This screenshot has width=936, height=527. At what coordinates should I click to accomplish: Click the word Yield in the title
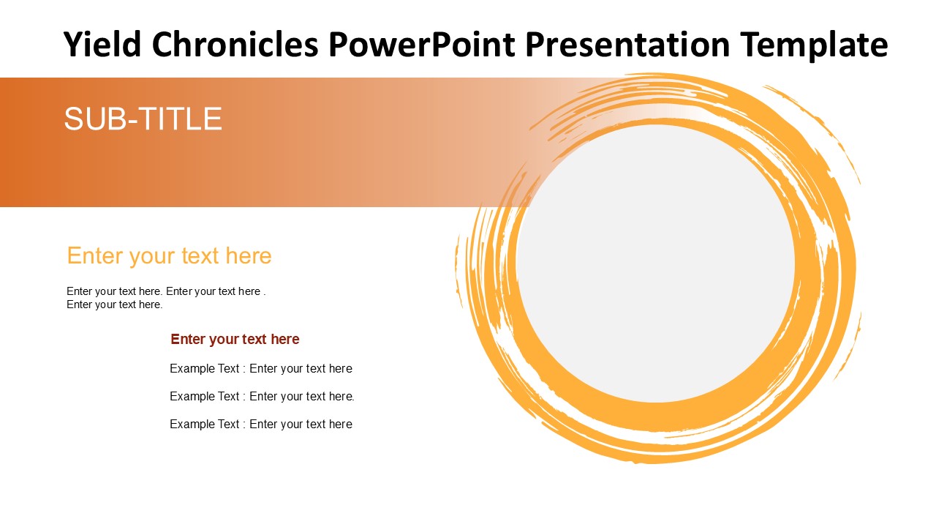coord(102,44)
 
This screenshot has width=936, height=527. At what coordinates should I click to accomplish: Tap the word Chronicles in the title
coord(235,44)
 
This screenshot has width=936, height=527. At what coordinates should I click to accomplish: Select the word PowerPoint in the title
coord(422,44)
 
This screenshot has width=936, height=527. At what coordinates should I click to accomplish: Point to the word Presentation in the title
coord(627,44)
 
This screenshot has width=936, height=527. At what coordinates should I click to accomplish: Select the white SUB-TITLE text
coord(143,119)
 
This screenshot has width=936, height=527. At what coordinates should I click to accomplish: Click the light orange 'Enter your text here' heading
coord(169,255)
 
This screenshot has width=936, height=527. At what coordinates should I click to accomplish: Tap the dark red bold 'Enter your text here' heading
coord(235,339)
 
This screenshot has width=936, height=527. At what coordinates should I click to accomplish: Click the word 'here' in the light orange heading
coord(249,255)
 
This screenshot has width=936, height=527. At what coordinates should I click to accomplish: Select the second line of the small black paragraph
coord(115,304)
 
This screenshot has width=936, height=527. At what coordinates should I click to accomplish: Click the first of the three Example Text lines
coord(261,368)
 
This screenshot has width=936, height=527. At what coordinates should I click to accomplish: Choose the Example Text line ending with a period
coord(262,396)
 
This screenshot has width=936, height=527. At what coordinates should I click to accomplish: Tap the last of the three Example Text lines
coord(261,424)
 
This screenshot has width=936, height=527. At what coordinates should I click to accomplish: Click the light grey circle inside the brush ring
coord(655,263)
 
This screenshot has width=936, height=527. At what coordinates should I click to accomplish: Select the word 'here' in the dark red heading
coord(285,339)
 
